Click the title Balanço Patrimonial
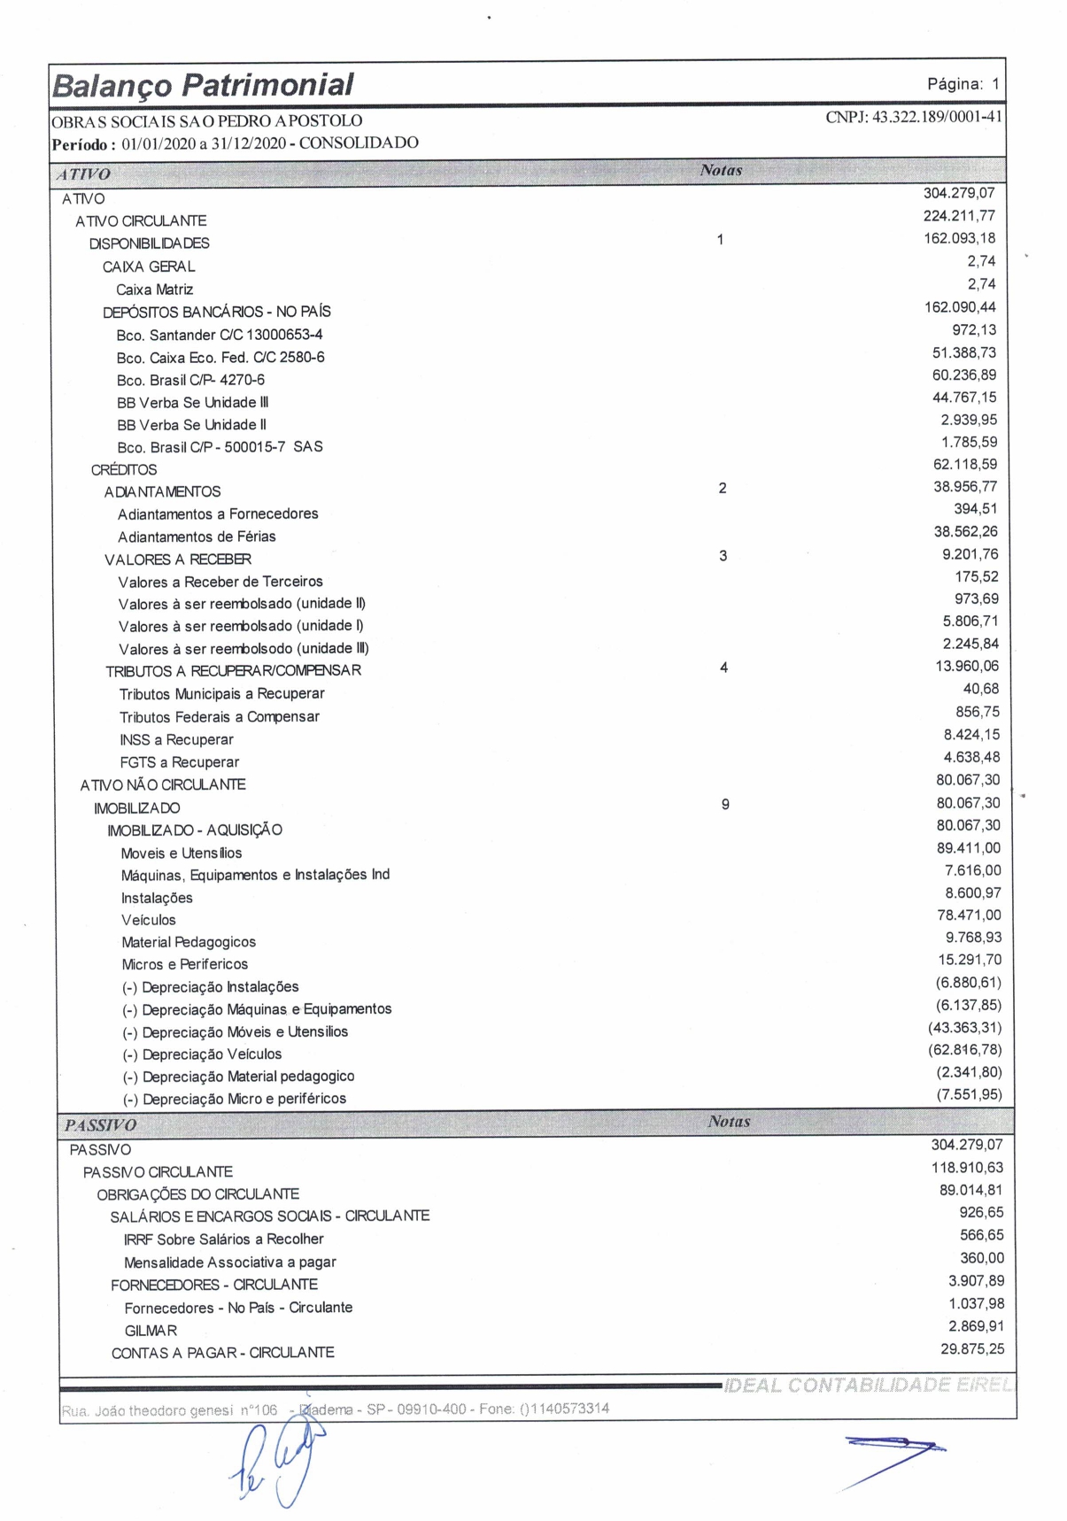click(x=203, y=85)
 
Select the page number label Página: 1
click(x=963, y=84)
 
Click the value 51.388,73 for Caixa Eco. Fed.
click(x=963, y=352)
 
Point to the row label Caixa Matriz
click(x=154, y=290)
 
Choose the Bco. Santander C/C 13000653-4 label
click(x=220, y=335)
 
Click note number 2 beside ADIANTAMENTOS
click(x=723, y=488)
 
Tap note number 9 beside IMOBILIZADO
click(x=725, y=805)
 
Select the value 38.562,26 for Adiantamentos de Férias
click(x=965, y=531)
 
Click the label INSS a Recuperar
click(x=176, y=739)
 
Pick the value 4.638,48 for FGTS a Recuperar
click(x=971, y=757)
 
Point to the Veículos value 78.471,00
click(x=969, y=915)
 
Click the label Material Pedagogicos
click(x=189, y=942)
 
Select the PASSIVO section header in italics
click(x=100, y=1125)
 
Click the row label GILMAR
click(x=151, y=1331)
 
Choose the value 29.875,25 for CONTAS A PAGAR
click(x=972, y=1348)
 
